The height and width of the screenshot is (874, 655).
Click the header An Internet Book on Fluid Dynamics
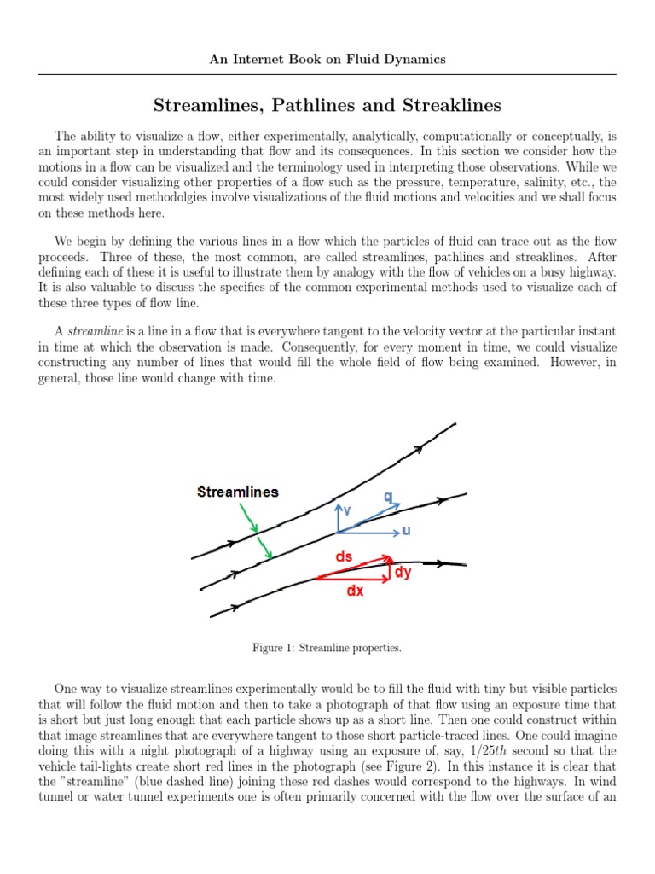(x=327, y=60)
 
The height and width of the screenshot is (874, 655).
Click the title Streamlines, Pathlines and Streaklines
(x=327, y=105)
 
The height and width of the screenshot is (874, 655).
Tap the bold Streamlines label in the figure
(x=237, y=492)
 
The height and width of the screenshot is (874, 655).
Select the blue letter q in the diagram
(x=388, y=497)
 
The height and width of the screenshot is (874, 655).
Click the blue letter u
(x=406, y=531)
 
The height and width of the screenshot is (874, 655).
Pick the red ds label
(x=344, y=556)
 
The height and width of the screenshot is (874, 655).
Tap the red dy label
(x=403, y=572)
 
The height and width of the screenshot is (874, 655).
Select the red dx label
(x=354, y=591)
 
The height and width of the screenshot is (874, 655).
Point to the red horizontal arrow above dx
(x=351, y=578)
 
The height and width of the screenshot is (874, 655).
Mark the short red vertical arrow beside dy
(x=389, y=569)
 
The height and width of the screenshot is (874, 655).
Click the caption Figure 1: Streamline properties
(x=327, y=649)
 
